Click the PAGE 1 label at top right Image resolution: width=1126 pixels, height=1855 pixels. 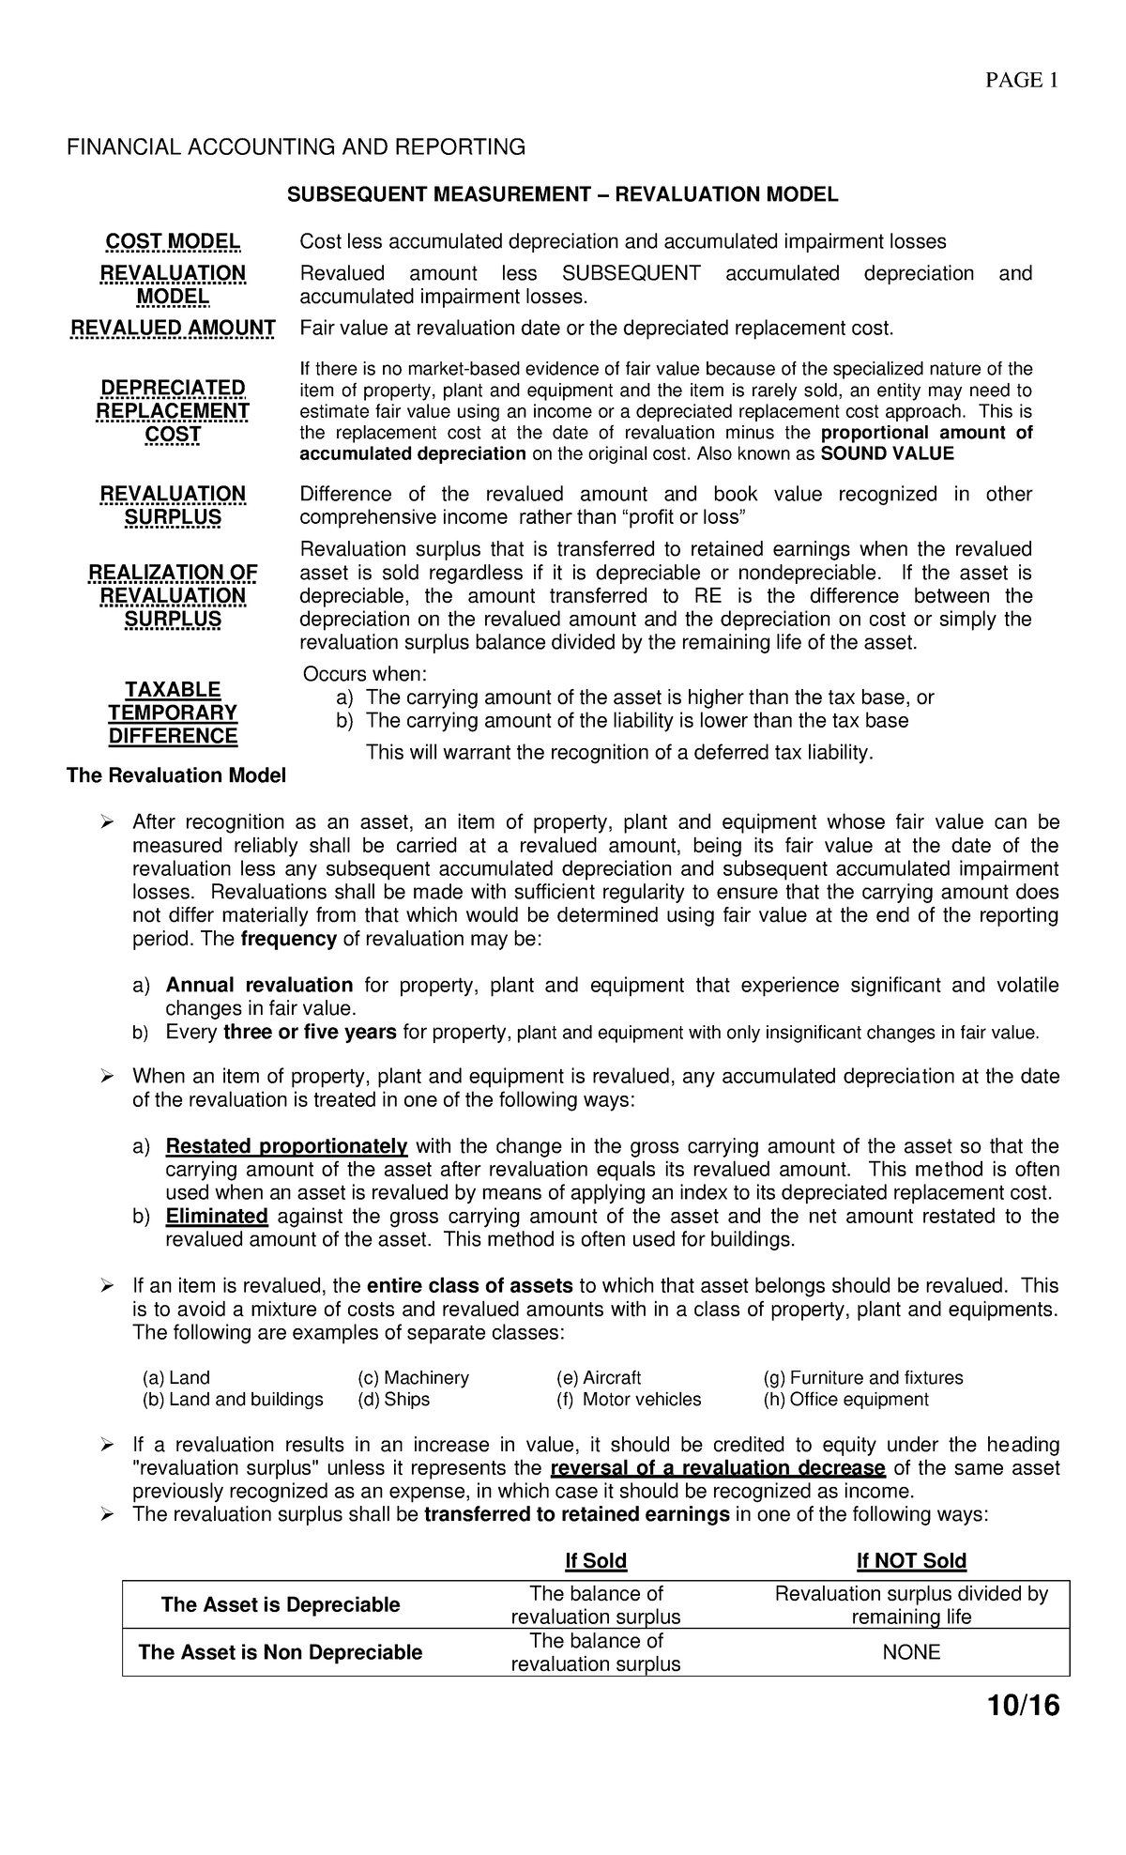(1021, 81)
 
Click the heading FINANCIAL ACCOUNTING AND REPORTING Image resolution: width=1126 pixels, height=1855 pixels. (295, 147)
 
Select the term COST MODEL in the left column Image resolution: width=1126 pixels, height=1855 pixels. (172, 242)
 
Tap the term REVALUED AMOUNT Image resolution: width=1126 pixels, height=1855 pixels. (174, 328)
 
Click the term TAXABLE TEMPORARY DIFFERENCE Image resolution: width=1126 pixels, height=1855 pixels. (173, 713)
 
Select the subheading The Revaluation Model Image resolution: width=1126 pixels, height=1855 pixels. (175, 776)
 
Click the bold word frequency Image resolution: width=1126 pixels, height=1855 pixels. (288, 939)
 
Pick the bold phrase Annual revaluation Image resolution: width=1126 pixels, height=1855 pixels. (259, 985)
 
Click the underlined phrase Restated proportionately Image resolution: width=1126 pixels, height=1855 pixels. (286, 1146)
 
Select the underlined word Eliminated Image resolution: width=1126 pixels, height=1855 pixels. (217, 1217)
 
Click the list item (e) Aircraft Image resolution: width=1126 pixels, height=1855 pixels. (599, 1378)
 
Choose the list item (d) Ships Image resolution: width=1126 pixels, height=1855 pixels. (393, 1400)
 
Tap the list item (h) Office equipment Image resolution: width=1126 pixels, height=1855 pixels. (846, 1400)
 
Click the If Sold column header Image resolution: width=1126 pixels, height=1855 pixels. (596, 1561)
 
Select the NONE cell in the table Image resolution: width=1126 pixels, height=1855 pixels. (911, 1652)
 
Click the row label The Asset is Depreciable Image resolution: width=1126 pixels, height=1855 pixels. (281, 1604)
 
